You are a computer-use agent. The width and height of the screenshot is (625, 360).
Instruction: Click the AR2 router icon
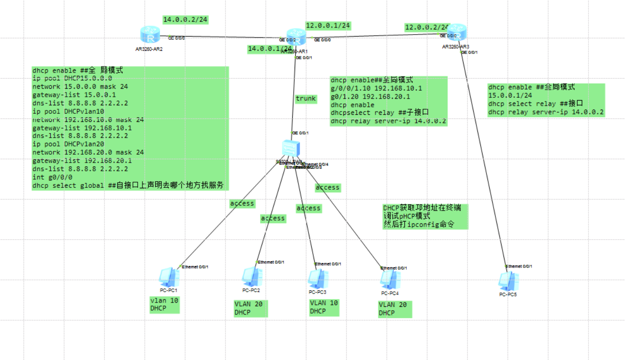click(150, 35)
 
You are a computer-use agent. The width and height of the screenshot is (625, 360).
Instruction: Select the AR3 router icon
click(457, 33)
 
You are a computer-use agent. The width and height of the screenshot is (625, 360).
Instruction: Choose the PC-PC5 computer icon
click(507, 282)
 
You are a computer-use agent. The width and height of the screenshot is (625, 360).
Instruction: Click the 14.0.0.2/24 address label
click(186, 20)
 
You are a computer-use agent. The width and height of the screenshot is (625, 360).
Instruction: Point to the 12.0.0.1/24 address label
click(328, 26)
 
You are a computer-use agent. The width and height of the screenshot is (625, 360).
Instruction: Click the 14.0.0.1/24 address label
click(270, 49)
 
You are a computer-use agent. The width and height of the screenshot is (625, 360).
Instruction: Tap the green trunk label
click(306, 99)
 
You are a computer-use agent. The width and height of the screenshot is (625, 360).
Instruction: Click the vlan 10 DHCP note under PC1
click(165, 305)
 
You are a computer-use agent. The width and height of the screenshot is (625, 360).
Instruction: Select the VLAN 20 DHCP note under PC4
click(392, 309)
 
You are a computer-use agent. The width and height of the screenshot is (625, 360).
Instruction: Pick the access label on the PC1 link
click(242, 203)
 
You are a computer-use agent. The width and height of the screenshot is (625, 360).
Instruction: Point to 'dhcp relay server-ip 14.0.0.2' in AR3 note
click(546, 112)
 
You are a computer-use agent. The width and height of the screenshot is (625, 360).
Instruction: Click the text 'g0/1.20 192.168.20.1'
click(370, 97)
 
